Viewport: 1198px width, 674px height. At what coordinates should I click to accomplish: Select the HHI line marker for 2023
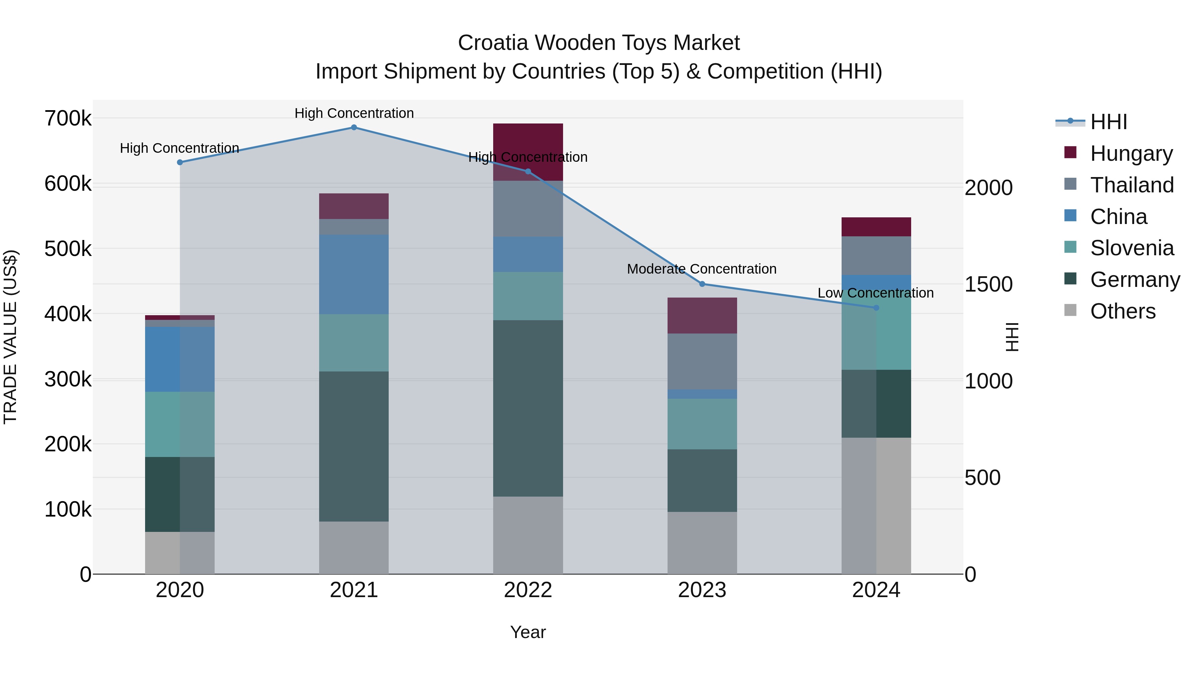702,284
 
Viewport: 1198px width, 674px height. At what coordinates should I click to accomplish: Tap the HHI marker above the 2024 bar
876,308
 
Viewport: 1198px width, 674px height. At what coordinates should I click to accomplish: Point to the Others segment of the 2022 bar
528,535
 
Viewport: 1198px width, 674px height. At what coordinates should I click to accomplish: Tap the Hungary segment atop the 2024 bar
876,227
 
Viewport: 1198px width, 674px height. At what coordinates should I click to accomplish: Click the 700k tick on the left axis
68,118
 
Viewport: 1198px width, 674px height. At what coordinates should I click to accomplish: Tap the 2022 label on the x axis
528,590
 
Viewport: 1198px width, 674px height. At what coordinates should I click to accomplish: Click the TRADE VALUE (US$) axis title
10,337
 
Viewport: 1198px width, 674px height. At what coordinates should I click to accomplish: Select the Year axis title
528,632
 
